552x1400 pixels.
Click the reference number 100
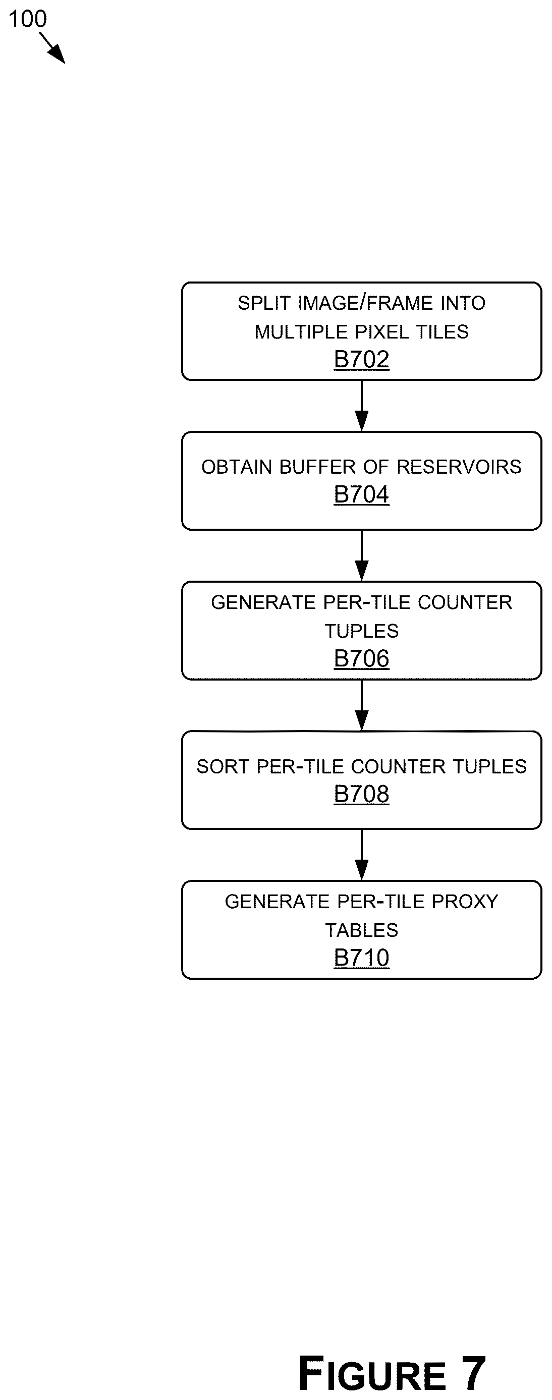click(x=28, y=19)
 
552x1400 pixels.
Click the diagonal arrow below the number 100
click(x=52, y=48)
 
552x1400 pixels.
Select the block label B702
click(x=361, y=359)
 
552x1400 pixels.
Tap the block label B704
click(x=361, y=494)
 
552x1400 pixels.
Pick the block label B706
click(x=361, y=658)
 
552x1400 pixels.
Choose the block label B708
click(x=361, y=794)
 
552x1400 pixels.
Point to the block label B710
click(x=361, y=958)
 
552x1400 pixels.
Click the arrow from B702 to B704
click(x=361, y=406)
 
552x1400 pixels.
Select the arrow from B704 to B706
click(x=361, y=555)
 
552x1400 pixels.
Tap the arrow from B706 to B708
click(x=361, y=705)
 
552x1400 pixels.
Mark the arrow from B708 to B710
click(x=361, y=854)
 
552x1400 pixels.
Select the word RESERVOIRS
click(x=459, y=467)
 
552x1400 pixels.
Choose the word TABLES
click(x=361, y=930)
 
